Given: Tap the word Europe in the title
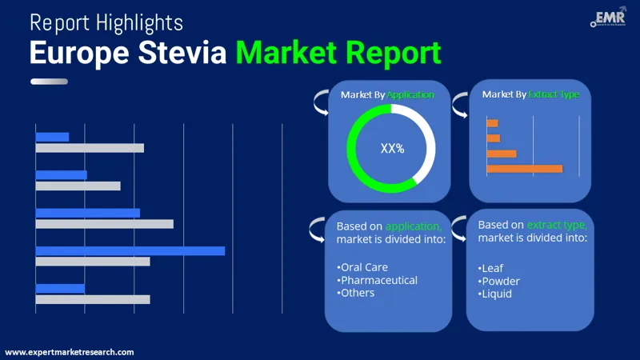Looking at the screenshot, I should click(x=76, y=52).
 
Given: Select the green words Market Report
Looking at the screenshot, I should click(x=338, y=52).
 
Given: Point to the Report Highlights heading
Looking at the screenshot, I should click(x=106, y=21).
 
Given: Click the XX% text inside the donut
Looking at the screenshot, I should click(x=392, y=148).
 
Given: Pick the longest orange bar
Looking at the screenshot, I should click(x=524, y=169).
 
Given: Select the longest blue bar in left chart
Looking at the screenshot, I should click(x=130, y=250).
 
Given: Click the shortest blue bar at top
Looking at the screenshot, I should click(x=53, y=137).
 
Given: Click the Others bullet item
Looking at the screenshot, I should click(x=357, y=293).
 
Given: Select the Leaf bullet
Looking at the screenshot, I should click(x=494, y=268).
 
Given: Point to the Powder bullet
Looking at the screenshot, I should click(x=500, y=281).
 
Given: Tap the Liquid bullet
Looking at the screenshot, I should click(x=497, y=294).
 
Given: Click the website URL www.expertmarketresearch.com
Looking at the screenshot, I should click(x=70, y=352).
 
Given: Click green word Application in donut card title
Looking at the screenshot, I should click(x=410, y=94).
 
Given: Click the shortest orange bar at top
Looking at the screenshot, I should click(x=492, y=123).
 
